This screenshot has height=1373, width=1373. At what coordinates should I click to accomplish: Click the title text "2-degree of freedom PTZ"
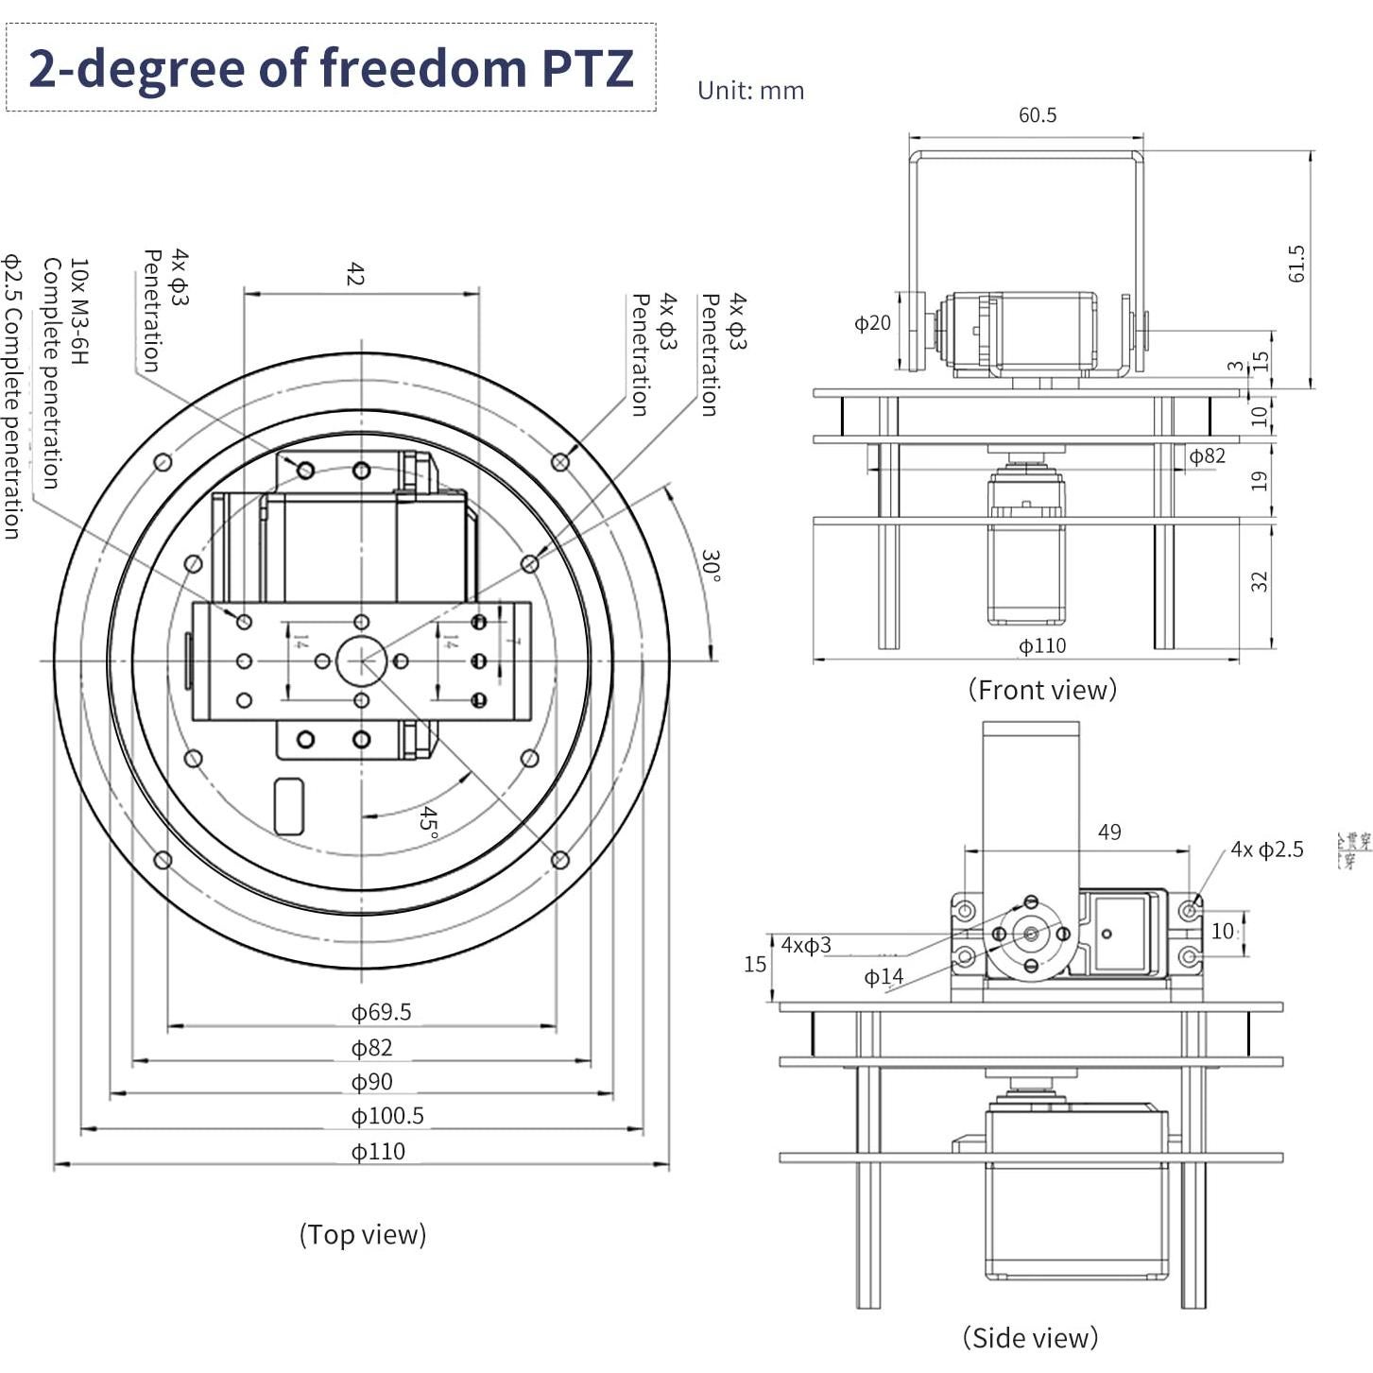(331, 68)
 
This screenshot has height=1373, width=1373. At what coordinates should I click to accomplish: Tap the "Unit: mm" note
(750, 91)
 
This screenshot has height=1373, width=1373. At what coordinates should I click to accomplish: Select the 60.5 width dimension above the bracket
(1037, 115)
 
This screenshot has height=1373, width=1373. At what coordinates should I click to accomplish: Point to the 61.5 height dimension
(1296, 264)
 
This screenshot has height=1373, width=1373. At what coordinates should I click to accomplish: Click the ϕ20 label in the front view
(872, 323)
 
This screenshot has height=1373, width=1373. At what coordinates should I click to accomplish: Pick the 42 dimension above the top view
(354, 275)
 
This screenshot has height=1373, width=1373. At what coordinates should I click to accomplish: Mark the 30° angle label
(711, 566)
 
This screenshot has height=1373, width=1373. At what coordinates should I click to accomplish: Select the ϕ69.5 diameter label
(381, 1012)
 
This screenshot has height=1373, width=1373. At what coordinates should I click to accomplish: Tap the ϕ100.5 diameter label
(386, 1116)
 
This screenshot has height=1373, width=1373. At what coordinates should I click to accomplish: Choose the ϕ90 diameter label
(371, 1082)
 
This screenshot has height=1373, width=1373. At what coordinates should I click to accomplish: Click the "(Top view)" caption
(363, 1234)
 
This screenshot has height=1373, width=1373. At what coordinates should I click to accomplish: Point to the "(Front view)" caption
(1042, 690)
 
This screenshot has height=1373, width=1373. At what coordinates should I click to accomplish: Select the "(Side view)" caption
(1030, 1338)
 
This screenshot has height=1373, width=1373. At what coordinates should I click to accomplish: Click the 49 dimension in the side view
(1109, 832)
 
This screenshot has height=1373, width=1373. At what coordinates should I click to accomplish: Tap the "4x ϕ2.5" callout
(1266, 850)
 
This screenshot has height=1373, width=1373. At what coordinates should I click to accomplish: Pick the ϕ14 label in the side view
(884, 977)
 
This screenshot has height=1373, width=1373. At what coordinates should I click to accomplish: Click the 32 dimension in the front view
(1259, 581)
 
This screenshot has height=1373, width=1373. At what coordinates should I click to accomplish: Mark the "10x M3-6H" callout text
(79, 312)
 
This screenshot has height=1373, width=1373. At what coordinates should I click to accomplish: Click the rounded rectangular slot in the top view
(288, 806)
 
